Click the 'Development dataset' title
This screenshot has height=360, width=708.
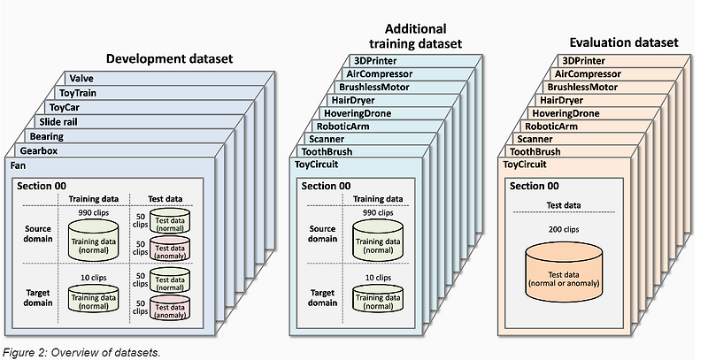click(169, 59)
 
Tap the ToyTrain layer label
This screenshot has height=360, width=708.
click(79, 93)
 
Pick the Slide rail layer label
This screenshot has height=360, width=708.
click(61, 121)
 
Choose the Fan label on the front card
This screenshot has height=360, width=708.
click(19, 165)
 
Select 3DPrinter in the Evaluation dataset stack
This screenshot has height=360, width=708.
click(581, 61)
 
